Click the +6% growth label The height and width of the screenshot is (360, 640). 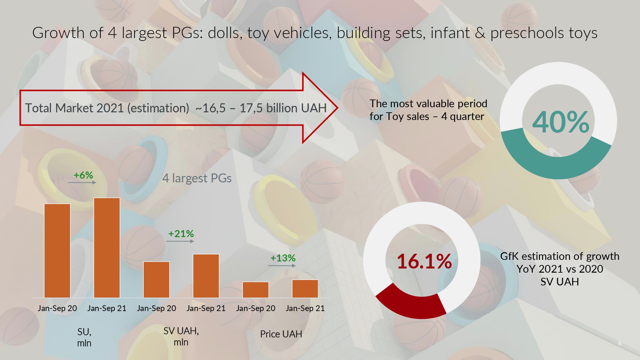click(83, 175)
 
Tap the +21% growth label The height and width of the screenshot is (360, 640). click(181, 234)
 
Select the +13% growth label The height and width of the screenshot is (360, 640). click(283, 258)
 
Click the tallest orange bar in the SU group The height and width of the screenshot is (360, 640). click(107, 248)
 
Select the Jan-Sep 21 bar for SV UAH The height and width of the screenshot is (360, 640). click(206, 276)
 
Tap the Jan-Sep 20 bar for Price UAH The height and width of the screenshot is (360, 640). click(256, 290)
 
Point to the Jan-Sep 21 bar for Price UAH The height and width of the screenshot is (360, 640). click(305, 289)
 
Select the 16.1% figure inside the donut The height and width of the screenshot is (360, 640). click(424, 261)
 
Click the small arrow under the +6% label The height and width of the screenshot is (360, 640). click(82, 182)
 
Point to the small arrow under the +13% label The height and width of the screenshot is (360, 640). click(282, 266)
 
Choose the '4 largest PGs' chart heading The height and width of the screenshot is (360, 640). click(197, 178)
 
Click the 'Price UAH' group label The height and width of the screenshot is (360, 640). click(281, 334)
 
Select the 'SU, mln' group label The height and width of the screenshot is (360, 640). click(84, 337)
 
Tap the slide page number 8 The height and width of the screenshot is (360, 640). click(620, 343)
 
